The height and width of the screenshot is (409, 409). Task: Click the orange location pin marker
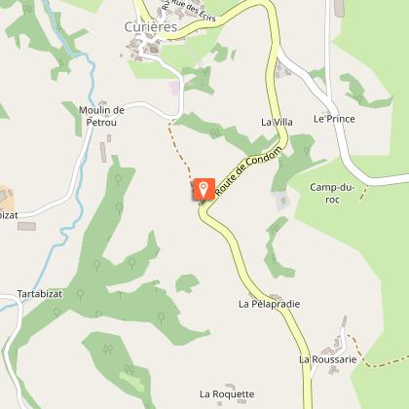click(x=204, y=188)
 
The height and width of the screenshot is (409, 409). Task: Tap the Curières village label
click(x=152, y=27)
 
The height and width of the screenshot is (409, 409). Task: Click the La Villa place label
click(x=277, y=122)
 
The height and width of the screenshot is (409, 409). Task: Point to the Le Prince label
click(x=334, y=119)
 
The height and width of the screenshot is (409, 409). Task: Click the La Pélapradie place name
click(x=268, y=304)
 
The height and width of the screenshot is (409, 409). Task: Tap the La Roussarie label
click(x=327, y=359)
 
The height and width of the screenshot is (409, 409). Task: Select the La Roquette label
click(x=226, y=394)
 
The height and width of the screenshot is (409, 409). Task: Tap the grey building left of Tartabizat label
click(x=26, y=226)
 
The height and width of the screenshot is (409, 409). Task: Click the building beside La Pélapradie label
click(x=277, y=294)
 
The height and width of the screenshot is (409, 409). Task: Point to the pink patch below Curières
click(x=174, y=87)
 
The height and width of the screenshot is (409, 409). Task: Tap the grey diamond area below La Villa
click(x=282, y=202)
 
